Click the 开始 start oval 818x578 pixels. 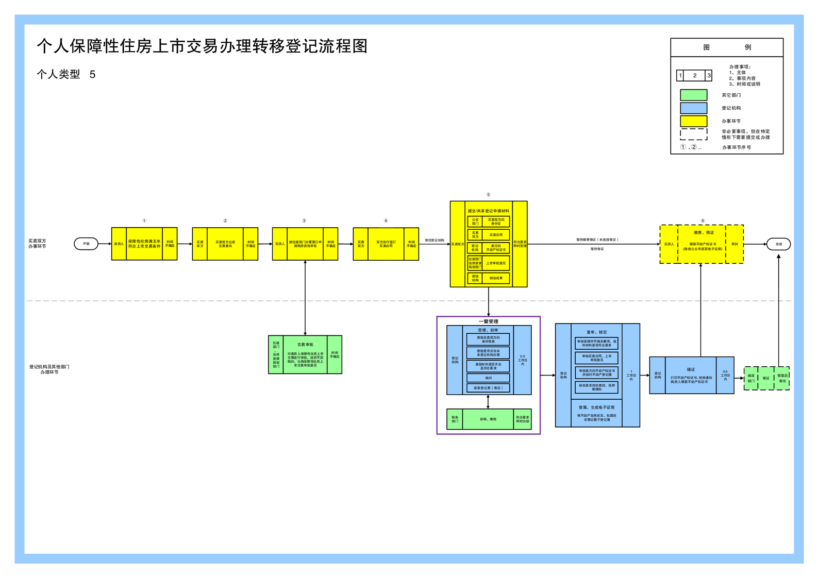(x=86, y=244)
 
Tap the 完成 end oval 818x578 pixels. (x=778, y=244)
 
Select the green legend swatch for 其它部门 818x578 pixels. (x=693, y=95)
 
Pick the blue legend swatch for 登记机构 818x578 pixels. (x=693, y=108)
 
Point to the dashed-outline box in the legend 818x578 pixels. (x=693, y=134)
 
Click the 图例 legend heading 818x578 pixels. (x=727, y=47)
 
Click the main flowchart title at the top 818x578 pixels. (x=202, y=46)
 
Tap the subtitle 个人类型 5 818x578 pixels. (x=66, y=74)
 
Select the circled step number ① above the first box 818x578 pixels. (x=144, y=220)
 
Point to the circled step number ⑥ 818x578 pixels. (x=702, y=220)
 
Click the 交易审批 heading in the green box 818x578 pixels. (x=305, y=345)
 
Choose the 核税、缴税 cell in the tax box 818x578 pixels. (x=488, y=419)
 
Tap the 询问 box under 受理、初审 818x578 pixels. (x=488, y=378)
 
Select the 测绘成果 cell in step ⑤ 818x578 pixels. (x=496, y=278)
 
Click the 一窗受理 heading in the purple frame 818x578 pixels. (x=488, y=321)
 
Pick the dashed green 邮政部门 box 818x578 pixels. (x=751, y=378)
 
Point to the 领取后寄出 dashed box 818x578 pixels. (x=782, y=378)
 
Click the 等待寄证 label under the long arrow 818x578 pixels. (x=597, y=249)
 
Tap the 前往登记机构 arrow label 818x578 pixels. (x=434, y=241)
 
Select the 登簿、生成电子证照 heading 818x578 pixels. (x=596, y=407)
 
